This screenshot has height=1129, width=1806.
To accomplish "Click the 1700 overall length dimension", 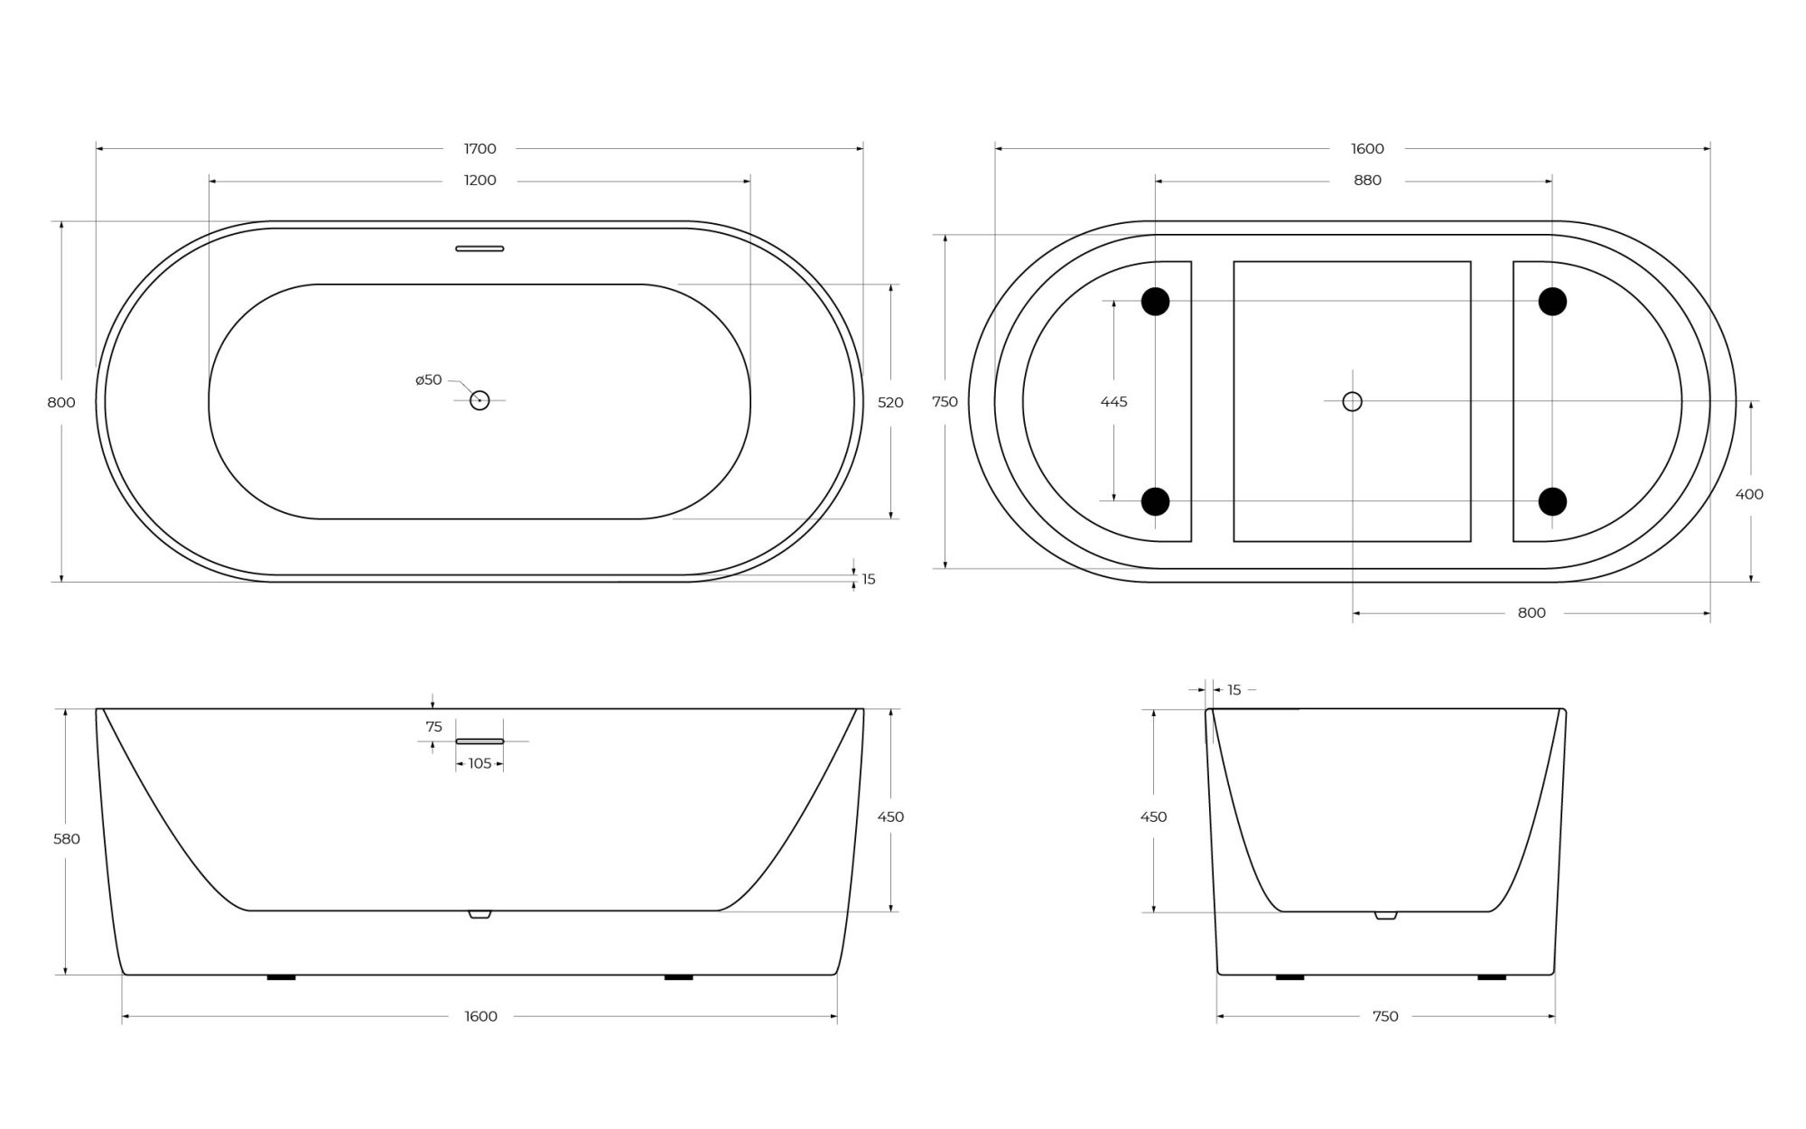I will tap(479, 149).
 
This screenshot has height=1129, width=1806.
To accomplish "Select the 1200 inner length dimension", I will tap(479, 181).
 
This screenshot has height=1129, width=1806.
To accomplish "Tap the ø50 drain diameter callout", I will tap(429, 380).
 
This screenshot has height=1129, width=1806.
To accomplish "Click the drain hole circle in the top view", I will tap(479, 400).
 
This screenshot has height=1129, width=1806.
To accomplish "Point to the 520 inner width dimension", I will tap(890, 403).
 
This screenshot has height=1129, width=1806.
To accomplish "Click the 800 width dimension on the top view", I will tap(61, 403).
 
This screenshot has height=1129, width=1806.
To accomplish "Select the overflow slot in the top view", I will tap(479, 248).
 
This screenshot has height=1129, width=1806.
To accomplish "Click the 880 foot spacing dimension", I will tap(1367, 181).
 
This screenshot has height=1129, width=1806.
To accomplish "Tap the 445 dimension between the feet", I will tap(1113, 402).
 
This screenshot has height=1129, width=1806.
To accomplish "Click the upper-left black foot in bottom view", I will tap(1155, 301).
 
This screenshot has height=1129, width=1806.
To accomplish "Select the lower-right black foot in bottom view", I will tap(1552, 501).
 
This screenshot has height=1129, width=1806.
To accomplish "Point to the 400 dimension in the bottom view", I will tap(1749, 494).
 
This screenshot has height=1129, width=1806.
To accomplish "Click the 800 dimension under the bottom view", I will tap(1531, 613).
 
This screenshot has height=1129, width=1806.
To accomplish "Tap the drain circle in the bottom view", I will tap(1352, 401).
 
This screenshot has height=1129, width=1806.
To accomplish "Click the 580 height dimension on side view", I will tap(67, 839).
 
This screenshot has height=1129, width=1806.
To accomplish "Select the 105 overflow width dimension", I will tap(479, 764).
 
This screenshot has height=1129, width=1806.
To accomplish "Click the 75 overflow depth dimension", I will tap(433, 727).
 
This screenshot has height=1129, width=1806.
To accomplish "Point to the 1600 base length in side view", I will tap(480, 1017).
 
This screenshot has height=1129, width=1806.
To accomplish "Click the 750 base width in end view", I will tap(1385, 1017).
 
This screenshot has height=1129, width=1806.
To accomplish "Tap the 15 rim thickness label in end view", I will tap(1234, 690).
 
